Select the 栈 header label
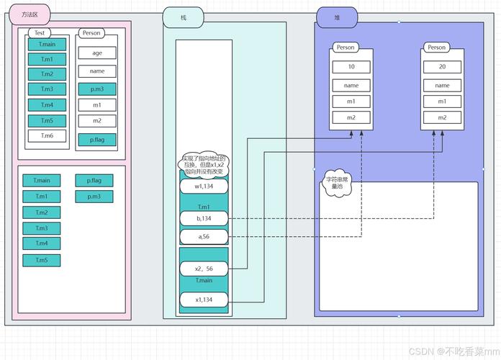point(184,17)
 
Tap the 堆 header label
point(338,17)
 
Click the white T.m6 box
point(47,135)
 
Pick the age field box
point(97,53)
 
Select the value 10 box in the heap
point(351,67)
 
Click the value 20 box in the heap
point(442,67)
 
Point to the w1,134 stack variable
point(204,186)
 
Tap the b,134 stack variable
point(204,217)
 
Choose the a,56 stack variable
point(204,236)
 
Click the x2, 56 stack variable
point(204,269)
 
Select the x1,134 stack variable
point(204,299)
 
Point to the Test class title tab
point(40,33)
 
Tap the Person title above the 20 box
point(437,48)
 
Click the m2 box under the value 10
point(351,117)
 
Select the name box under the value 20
point(442,85)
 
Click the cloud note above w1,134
point(204,165)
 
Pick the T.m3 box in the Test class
point(47,89)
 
